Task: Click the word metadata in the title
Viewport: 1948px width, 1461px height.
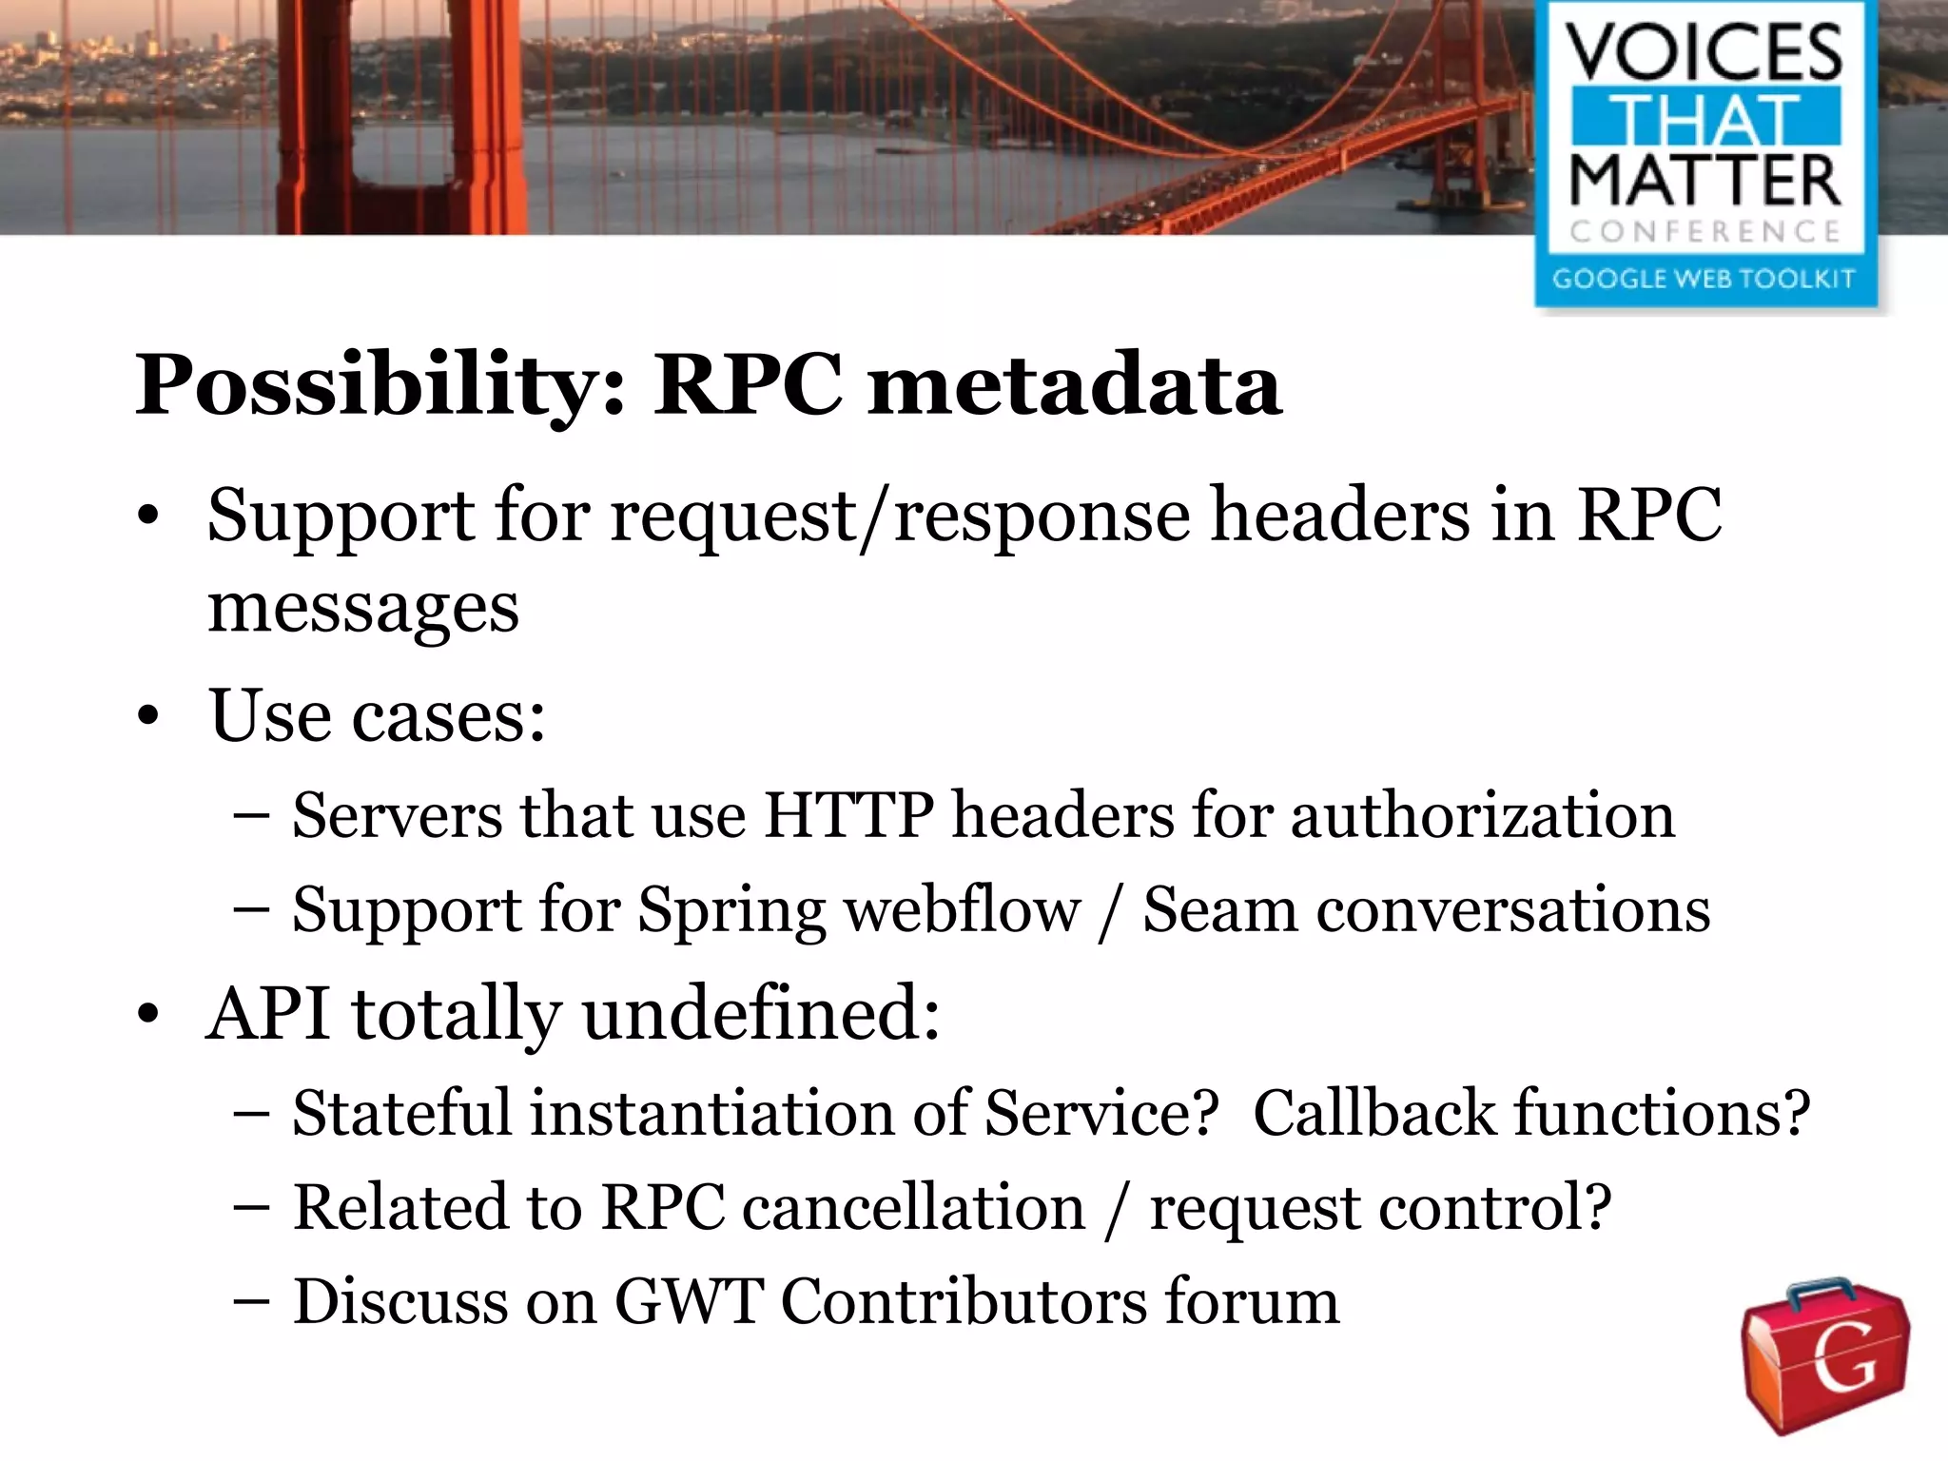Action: pyautogui.click(x=1075, y=385)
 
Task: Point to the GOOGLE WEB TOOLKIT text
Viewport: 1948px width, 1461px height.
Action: pyautogui.click(x=1704, y=279)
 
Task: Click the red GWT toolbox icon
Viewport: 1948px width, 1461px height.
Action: pyautogui.click(x=1824, y=1356)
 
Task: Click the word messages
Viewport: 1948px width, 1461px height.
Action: pyautogui.click(x=363, y=609)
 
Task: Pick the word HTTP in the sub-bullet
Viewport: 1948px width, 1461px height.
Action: pyautogui.click(x=847, y=815)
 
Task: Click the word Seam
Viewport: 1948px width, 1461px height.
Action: pyautogui.click(x=1219, y=909)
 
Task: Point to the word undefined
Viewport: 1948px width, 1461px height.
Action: pyautogui.click(x=761, y=1013)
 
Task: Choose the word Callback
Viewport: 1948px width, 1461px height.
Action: pyautogui.click(x=1374, y=1113)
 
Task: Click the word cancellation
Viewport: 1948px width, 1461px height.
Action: pyautogui.click(x=913, y=1208)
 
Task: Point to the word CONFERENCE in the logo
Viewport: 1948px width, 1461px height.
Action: pyautogui.click(x=1704, y=231)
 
